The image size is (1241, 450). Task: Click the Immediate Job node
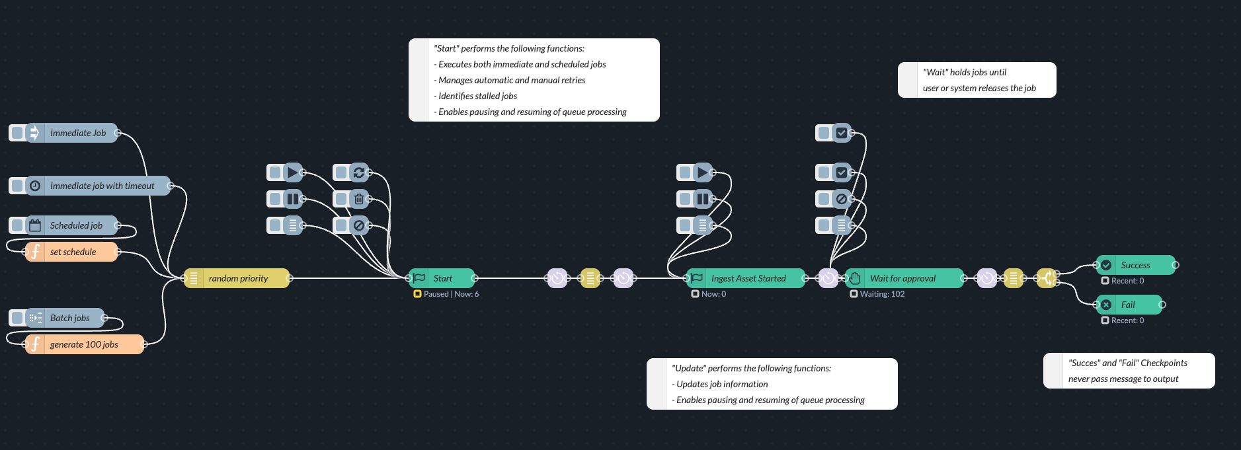click(78, 133)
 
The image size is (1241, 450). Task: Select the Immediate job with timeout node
click(102, 186)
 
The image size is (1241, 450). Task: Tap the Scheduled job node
click(76, 225)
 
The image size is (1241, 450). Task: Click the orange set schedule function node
click(73, 252)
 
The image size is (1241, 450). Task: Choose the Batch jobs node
click(70, 318)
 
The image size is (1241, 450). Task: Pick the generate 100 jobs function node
click(84, 344)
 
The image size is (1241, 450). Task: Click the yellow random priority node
click(238, 278)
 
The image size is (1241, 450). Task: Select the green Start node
click(443, 278)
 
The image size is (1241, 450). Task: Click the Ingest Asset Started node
click(748, 278)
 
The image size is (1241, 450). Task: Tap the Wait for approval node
click(902, 278)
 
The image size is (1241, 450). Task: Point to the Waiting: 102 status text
click(882, 294)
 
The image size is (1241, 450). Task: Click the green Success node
click(1136, 265)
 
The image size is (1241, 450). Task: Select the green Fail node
click(1129, 305)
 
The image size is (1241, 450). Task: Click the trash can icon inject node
click(359, 199)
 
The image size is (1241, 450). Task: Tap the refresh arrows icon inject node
click(359, 172)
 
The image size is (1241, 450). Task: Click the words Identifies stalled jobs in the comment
click(477, 96)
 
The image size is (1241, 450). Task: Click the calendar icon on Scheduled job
click(35, 225)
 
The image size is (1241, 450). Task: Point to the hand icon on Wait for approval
click(855, 278)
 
